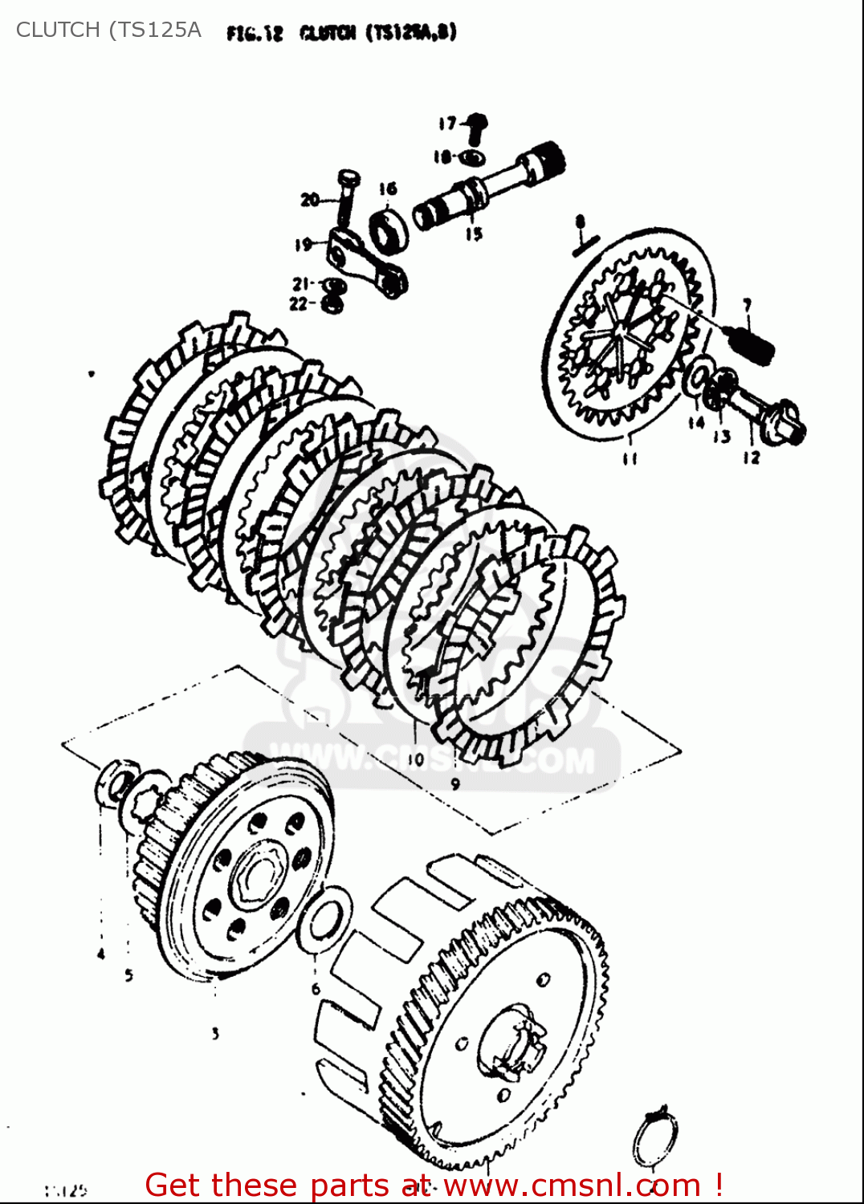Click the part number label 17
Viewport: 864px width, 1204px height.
(x=447, y=123)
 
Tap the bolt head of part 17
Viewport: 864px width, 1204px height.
(x=477, y=123)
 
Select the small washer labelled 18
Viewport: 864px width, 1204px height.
(x=472, y=157)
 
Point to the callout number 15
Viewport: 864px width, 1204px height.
(x=474, y=234)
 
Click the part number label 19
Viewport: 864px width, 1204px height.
(x=303, y=245)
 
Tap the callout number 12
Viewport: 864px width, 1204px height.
(x=751, y=458)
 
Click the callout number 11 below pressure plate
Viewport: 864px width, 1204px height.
(x=630, y=458)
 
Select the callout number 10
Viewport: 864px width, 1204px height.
(x=415, y=759)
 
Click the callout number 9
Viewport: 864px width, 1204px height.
(x=455, y=784)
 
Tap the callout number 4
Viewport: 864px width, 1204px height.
(x=101, y=954)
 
